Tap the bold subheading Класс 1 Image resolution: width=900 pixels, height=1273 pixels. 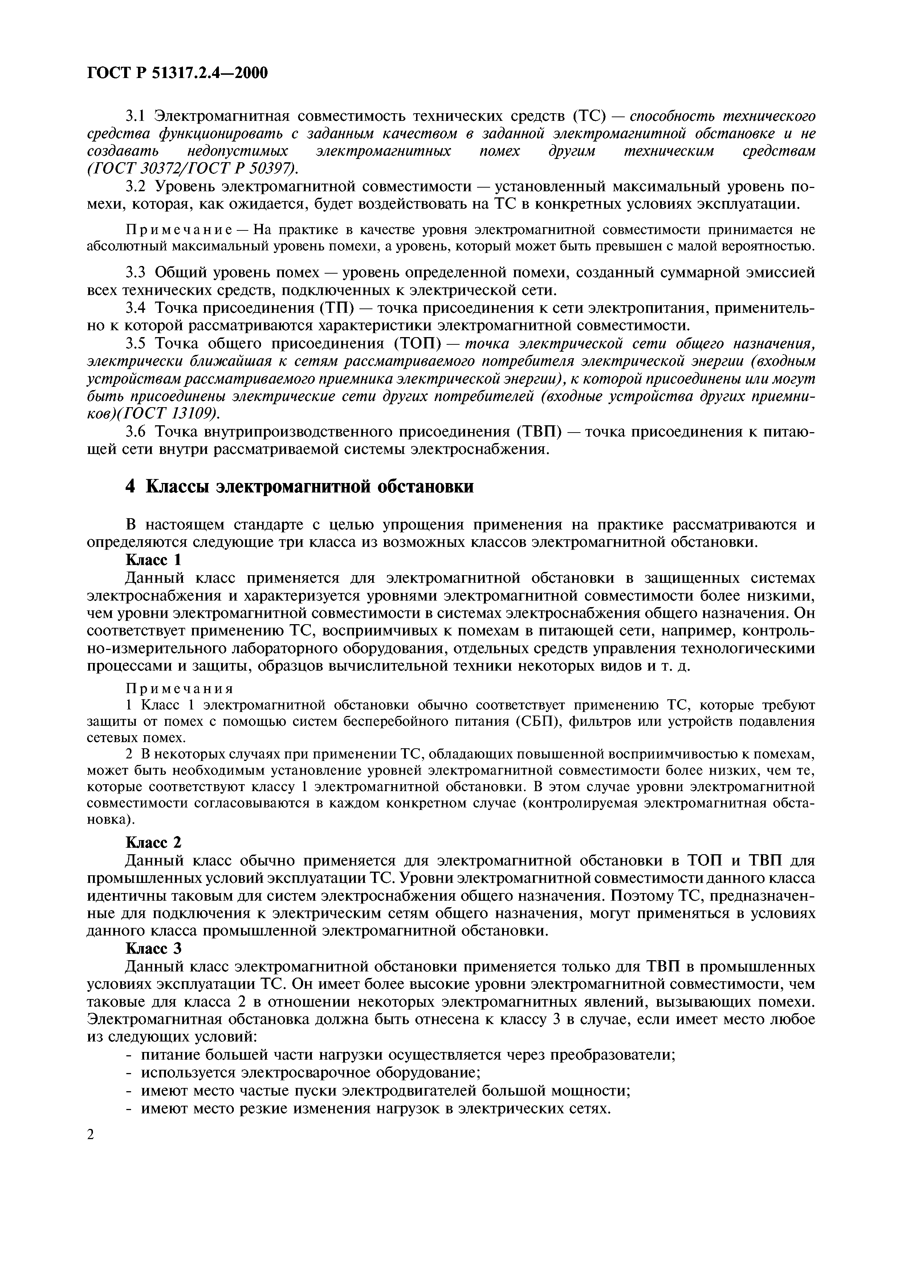[154, 560]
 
